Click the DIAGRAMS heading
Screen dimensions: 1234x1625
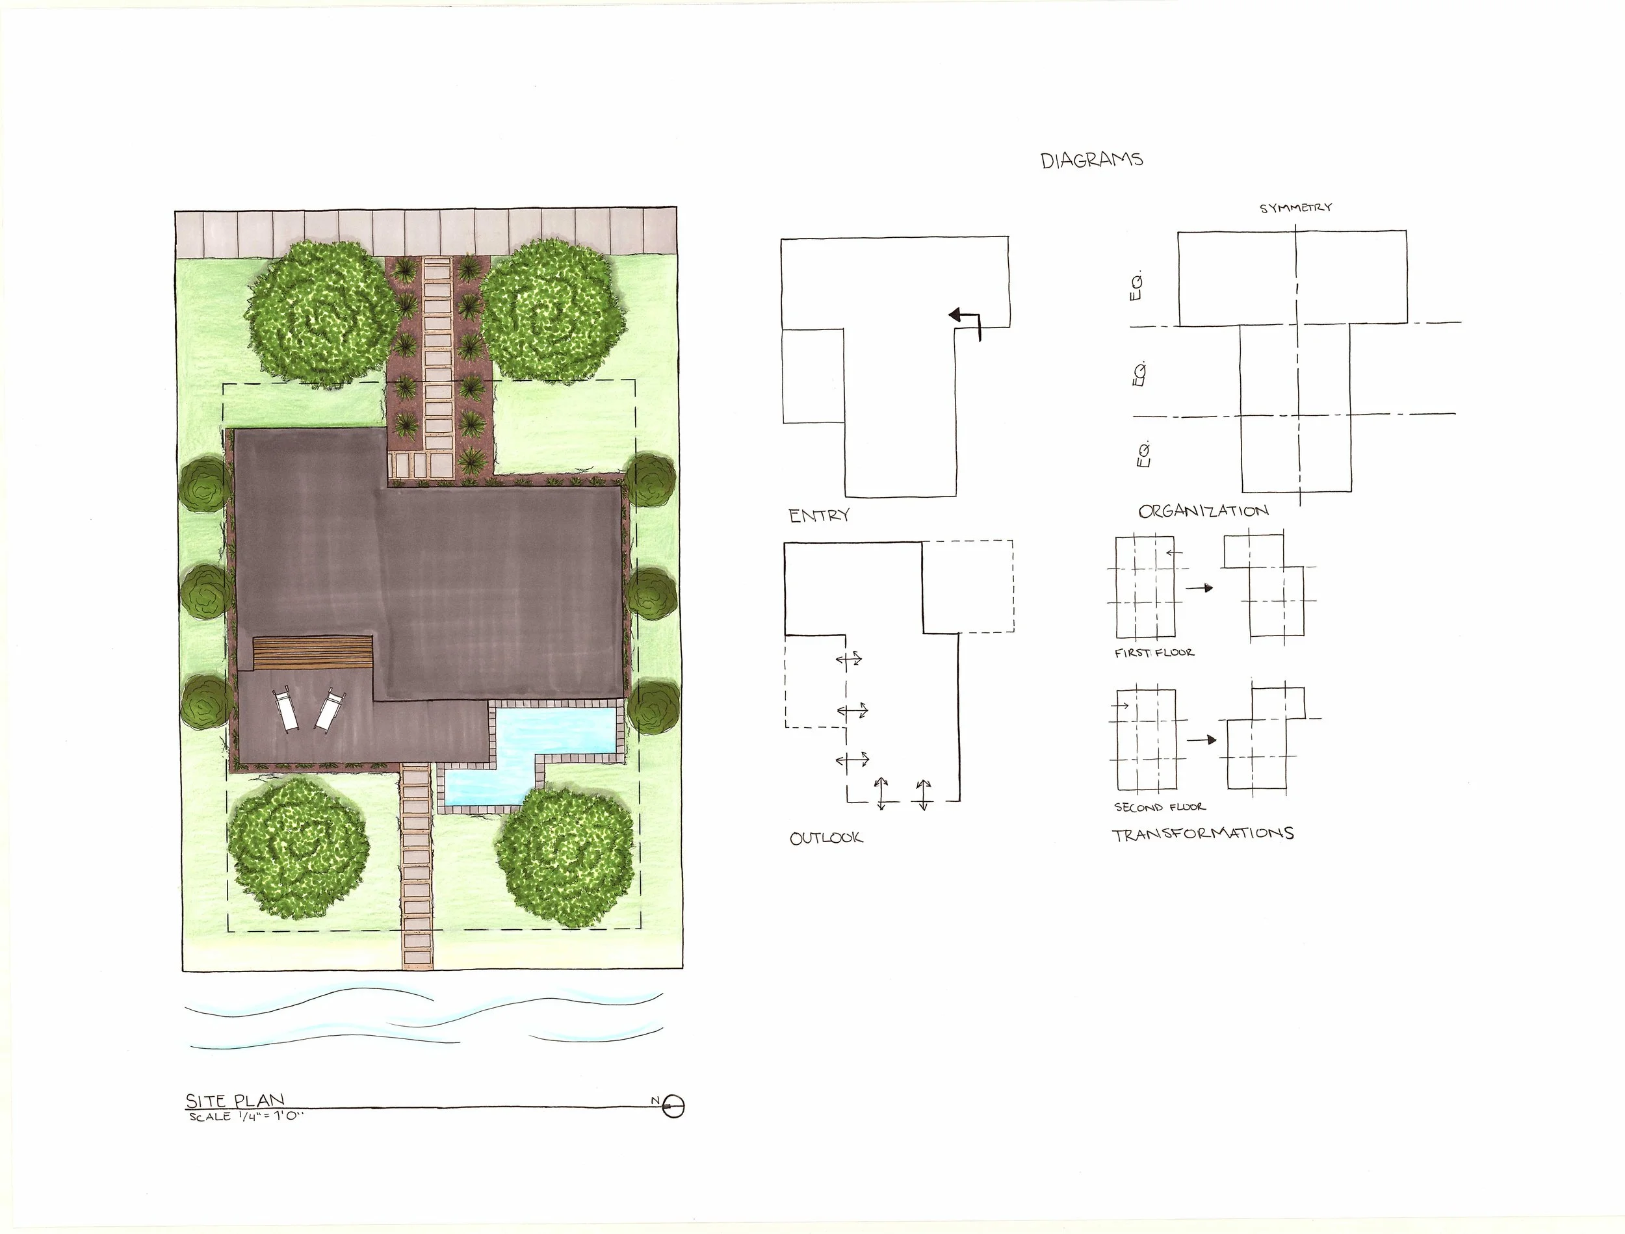1091,160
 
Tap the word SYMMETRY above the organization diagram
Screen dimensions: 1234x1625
1296,208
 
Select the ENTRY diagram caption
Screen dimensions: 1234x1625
819,516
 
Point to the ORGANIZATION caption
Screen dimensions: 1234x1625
1203,511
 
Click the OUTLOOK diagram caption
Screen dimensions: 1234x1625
825,838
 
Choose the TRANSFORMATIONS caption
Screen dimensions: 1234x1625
1202,834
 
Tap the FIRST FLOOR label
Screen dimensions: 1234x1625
1154,652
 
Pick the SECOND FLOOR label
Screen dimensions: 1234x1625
1159,806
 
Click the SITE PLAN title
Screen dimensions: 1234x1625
235,1100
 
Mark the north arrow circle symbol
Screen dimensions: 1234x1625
673,1106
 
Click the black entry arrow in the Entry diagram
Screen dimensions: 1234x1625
964,320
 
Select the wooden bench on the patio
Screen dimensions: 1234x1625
313,652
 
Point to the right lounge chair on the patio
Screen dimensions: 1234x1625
330,708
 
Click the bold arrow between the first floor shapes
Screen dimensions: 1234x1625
1199,587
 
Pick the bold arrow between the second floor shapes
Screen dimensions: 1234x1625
1201,739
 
